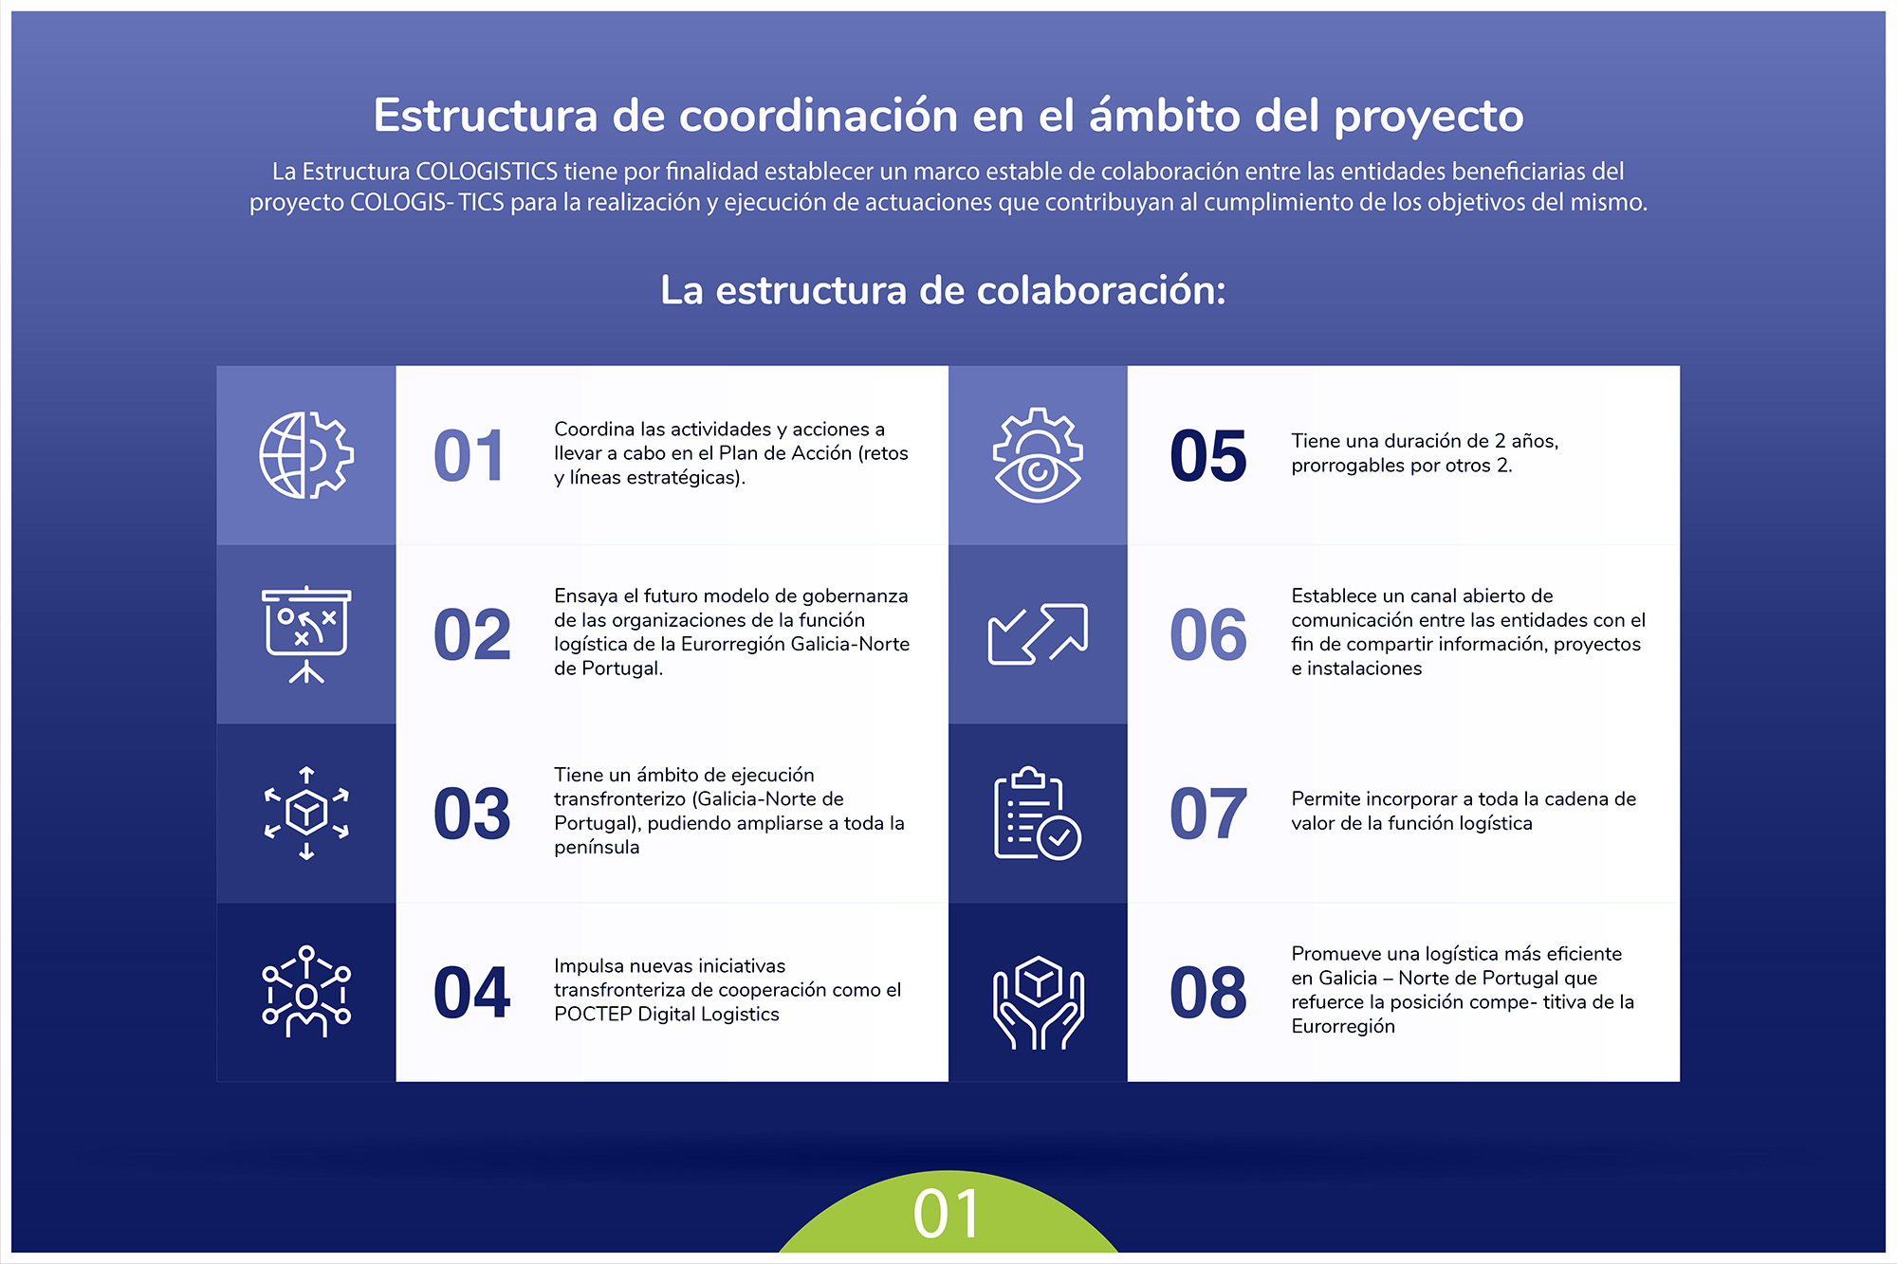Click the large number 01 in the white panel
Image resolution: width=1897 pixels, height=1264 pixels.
pos(469,456)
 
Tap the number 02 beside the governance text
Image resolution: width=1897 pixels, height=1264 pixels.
pos(471,634)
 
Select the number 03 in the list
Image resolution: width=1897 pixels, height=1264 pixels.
pos(471,814)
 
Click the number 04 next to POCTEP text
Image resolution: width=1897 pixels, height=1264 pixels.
pos(471,993)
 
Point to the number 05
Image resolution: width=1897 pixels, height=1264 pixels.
pos(1208,456)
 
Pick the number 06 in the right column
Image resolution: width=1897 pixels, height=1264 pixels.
pos(1208,634)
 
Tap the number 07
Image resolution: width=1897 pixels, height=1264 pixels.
pos(1208,814)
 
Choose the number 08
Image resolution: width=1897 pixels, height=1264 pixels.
pos(1208,993)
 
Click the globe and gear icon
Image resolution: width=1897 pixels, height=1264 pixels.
pos(306,455)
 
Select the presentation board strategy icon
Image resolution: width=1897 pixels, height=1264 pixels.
pos(306,634)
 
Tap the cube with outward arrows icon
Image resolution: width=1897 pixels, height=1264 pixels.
pos(306,813)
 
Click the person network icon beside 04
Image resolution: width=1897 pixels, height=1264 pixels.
pos(306,992)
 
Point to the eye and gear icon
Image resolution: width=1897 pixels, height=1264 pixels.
pos(1038,455)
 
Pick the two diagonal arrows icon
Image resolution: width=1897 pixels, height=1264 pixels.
pos(1038,633)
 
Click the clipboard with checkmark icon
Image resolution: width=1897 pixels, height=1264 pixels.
pos(1038,813)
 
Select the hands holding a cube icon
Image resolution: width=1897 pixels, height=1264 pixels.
pos(1038,1002)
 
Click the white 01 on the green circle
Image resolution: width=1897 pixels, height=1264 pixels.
pos(947,1214)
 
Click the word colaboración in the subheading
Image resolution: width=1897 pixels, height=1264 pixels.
pos(1101,290)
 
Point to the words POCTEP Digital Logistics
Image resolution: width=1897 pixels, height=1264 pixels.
pos(667,1015)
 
